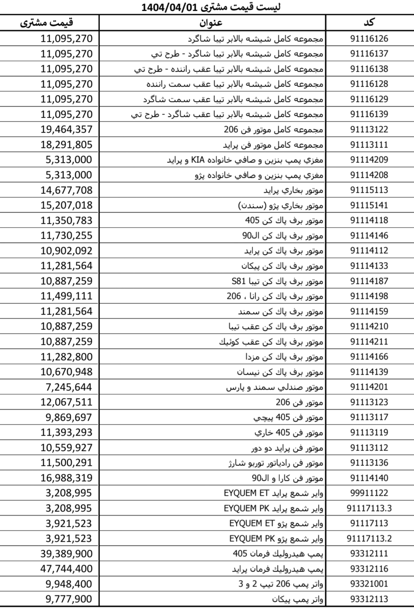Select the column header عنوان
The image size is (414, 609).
211,23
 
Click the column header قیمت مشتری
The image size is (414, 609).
47,23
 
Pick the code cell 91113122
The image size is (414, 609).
369,129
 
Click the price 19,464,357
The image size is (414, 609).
67,129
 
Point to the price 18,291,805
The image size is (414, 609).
67,145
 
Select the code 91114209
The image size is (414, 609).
369,160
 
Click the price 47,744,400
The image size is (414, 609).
67,569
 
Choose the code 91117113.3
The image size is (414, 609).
369,508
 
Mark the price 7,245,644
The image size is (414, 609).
69,387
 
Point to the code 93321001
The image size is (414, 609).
369,584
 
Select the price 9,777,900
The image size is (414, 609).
69,599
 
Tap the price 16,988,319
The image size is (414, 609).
67,478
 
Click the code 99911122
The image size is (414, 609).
369,493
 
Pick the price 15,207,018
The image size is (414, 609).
67,205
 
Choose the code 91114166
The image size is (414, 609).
369,357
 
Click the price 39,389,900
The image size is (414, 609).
67,553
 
